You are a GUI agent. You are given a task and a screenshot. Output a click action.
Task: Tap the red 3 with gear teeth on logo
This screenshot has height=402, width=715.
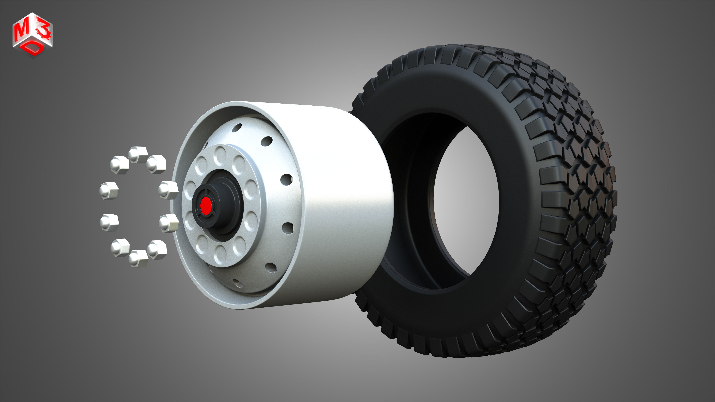click(x=44, y=32)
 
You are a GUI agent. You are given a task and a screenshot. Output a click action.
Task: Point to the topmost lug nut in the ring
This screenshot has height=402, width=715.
click(x=138, y=154)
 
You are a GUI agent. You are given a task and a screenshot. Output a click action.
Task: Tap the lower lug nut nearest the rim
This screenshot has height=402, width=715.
click(x=168, y=223)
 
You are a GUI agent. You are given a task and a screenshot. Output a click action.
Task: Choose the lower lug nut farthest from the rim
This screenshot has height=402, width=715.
click(x=109, y=222)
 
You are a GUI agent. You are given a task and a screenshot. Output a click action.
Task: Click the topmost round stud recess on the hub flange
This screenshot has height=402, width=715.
click(x=221, y=155)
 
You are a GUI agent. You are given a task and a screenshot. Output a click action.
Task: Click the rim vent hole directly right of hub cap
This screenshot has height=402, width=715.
click(x=286, y=179)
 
